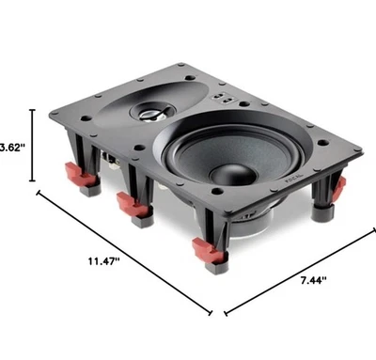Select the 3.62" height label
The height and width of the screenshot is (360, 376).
click(11, 148)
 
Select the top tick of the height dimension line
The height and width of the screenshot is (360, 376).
click(35, 110)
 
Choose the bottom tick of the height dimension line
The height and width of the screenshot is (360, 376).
click(35, 182)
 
